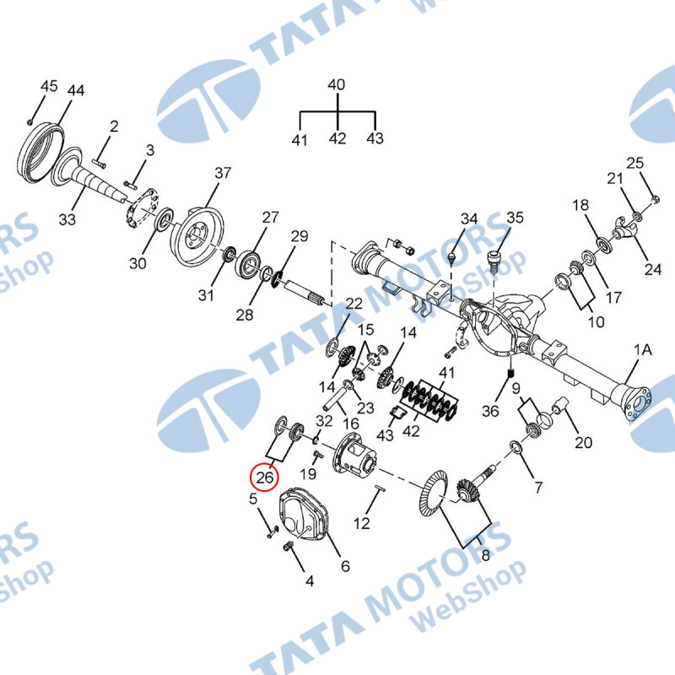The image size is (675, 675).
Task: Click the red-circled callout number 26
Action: [265, 477]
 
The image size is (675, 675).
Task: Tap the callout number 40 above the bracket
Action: [336, 84]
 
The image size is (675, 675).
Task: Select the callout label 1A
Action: [643, 350]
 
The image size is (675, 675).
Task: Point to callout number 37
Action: [223, 173]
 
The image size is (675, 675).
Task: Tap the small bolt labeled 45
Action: [30, 122]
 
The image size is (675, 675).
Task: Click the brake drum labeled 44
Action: [40, 151]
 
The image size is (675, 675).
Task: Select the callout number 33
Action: [67, 219]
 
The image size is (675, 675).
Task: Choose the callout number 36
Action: [490, 411]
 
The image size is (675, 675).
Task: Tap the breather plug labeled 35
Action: [494, 261]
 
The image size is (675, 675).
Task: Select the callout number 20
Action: [583, 442]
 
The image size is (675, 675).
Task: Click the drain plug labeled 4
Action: [288, 547]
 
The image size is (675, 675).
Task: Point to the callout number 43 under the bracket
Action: [375, 138]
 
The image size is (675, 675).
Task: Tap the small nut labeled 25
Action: [655, 199]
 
